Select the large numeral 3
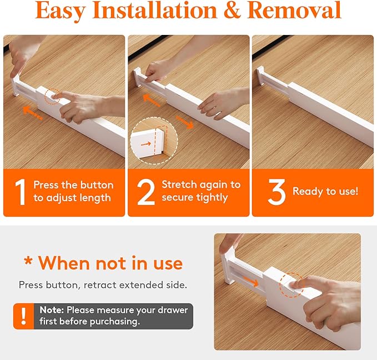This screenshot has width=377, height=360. tap(276, 192)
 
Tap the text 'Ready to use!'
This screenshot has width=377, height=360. tap(325, 191)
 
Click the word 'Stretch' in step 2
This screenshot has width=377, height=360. tap(179, 184)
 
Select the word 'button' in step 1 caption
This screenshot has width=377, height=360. tap(95, 185)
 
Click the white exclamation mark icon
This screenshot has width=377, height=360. tap(23, 316)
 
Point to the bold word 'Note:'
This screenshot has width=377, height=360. tap(52, 310)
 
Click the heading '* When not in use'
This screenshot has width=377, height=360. tap(103, 263)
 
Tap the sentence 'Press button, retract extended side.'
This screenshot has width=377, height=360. tap(103, 285)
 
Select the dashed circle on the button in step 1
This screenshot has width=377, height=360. tap(54, 96)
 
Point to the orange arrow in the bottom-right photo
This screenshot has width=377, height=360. tap(250, 282)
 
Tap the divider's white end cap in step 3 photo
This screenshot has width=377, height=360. tap(260, 78)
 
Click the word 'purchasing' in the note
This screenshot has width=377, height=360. tap(113, 321)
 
